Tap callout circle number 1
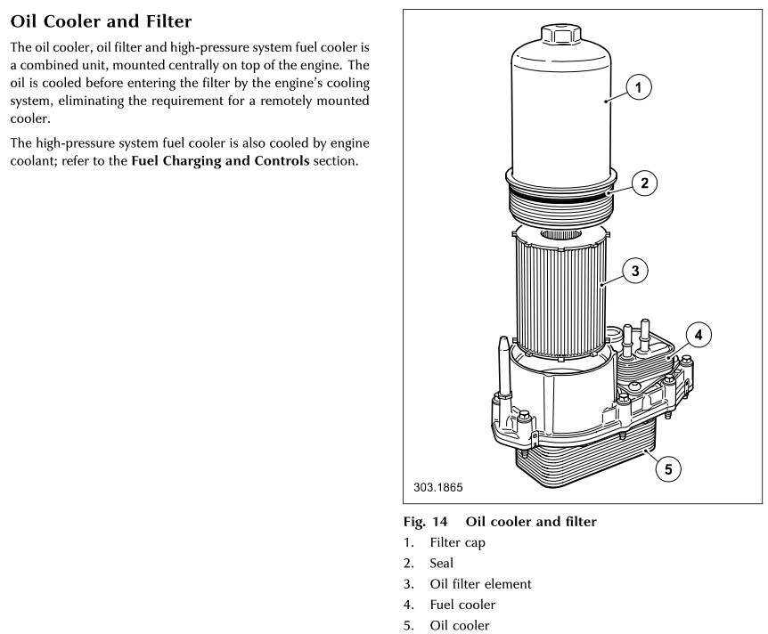tap(638, 87)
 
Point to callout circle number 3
tap(633, 271)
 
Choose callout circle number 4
tap(699, 336)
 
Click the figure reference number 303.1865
tap(438, 487)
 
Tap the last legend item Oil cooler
tap(460, 626)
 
